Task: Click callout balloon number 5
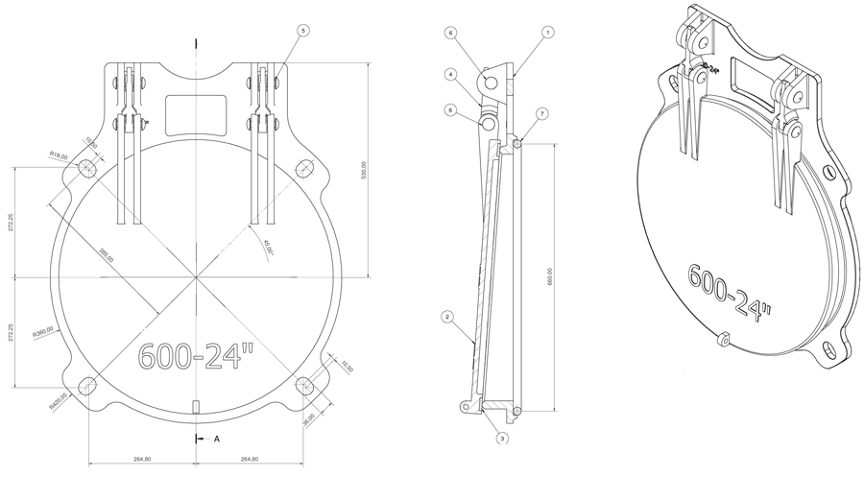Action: click(x=303, y=32)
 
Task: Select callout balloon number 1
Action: click(x=547, y=33)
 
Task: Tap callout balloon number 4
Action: click(x=449, y=74)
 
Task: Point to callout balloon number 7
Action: click(x=542, y=114)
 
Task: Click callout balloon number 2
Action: click(x=446, y=316)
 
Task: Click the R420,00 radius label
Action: click(x=58, y=406)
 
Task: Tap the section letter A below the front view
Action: click(x=217, y=439)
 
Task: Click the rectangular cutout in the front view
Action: click(x=196, y=114)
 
